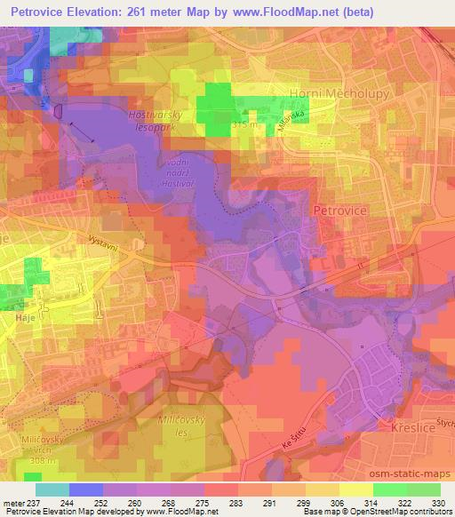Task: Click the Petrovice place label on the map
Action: tap(339, 210)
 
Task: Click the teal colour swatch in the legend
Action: tap(52, 489)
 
